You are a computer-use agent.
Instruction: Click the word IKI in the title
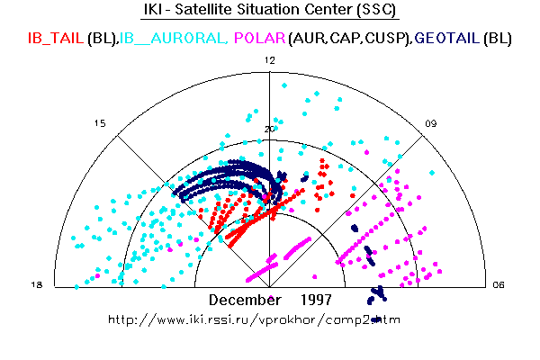coord(156,12)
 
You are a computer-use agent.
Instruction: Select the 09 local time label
coord(431,123)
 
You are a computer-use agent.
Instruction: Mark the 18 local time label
coord(37,285)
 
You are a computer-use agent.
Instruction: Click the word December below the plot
coord(246,299)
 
